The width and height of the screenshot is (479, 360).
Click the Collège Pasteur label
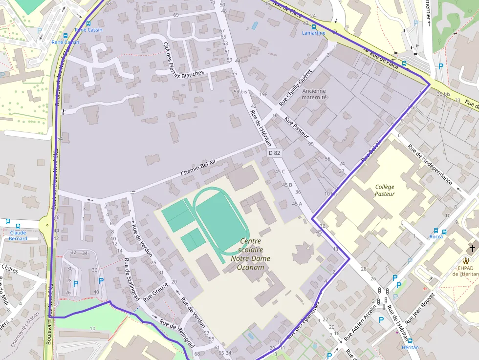click(x=385, y=191)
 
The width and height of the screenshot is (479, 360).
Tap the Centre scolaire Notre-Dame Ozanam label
click(x=251, y=254)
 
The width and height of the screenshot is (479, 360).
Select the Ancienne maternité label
click(x=314, y=94)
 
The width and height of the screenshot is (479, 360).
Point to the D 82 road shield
click(x=275, y=153)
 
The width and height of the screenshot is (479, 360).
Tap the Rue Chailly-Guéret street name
click(x=295, y=88)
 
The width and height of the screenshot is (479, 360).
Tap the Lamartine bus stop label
click(x=313, y=33)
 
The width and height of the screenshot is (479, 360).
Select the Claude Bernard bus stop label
click(x=18, y=235)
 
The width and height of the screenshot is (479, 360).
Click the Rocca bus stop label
click(x=436, y=237)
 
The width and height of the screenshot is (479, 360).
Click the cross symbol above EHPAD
click(x=472, y=248)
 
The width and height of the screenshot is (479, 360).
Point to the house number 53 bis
click(x=240, y=91)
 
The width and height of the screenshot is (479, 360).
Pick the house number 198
click(x=263, y=94)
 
